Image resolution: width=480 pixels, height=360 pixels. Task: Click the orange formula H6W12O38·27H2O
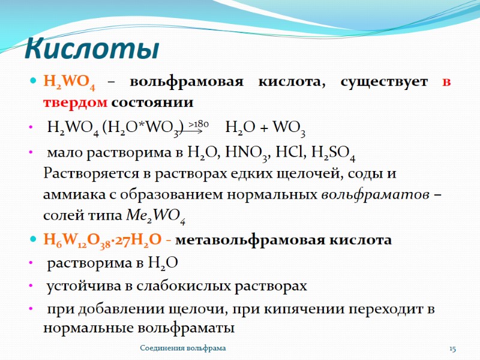[101, 241]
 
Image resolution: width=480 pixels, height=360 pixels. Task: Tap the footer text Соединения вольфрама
[183, 349]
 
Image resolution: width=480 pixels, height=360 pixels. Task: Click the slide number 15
[453, 349]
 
